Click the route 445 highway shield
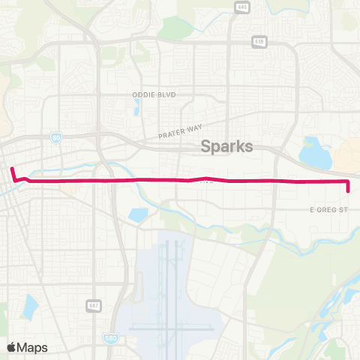[x=241, y=7]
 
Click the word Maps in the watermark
[x=32, y=347]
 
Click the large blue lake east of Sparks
[x=316, y=154]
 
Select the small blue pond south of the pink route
[x=138, y=214]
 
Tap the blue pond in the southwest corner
[x=30, y=306]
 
